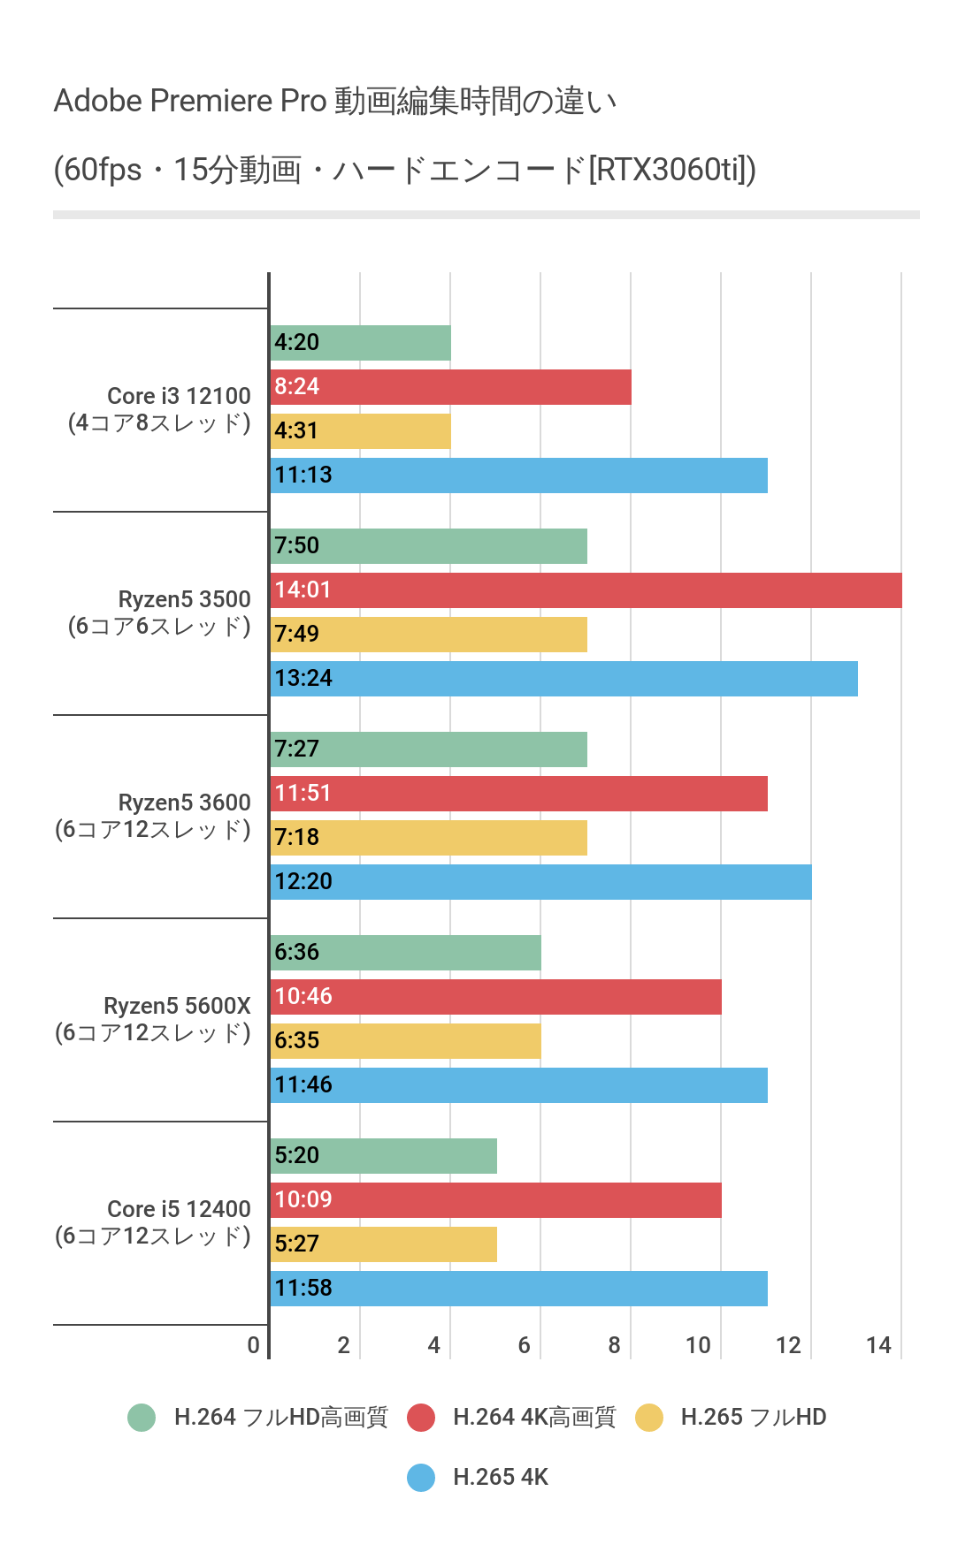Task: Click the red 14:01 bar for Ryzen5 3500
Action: [586, 590]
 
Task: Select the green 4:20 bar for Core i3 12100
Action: [361, 343]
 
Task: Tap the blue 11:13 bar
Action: [518, 475]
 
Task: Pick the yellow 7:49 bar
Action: [429, 635]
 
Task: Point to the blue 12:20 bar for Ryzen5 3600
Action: [540, 882]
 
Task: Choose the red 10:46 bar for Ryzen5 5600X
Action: [495, 997]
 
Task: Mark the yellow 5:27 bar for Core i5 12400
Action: [384, 1244]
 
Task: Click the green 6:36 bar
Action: [406, 953]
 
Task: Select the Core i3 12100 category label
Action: [160, 409]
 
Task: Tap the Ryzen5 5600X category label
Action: [154, 1019]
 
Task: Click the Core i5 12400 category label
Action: [154, 1222]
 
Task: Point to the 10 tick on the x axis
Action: [698, 1345]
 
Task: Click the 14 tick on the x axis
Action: [878, 1345]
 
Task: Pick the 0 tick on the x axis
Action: [254, 1345]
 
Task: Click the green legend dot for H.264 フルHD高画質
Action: [142, 1418]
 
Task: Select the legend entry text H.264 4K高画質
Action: [534, 1418]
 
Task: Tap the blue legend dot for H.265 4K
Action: [421, 1478]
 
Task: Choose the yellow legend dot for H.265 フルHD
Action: [649, 1418]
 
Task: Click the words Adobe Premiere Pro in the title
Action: [190, 101]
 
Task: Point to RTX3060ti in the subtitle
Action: [669, 169]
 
